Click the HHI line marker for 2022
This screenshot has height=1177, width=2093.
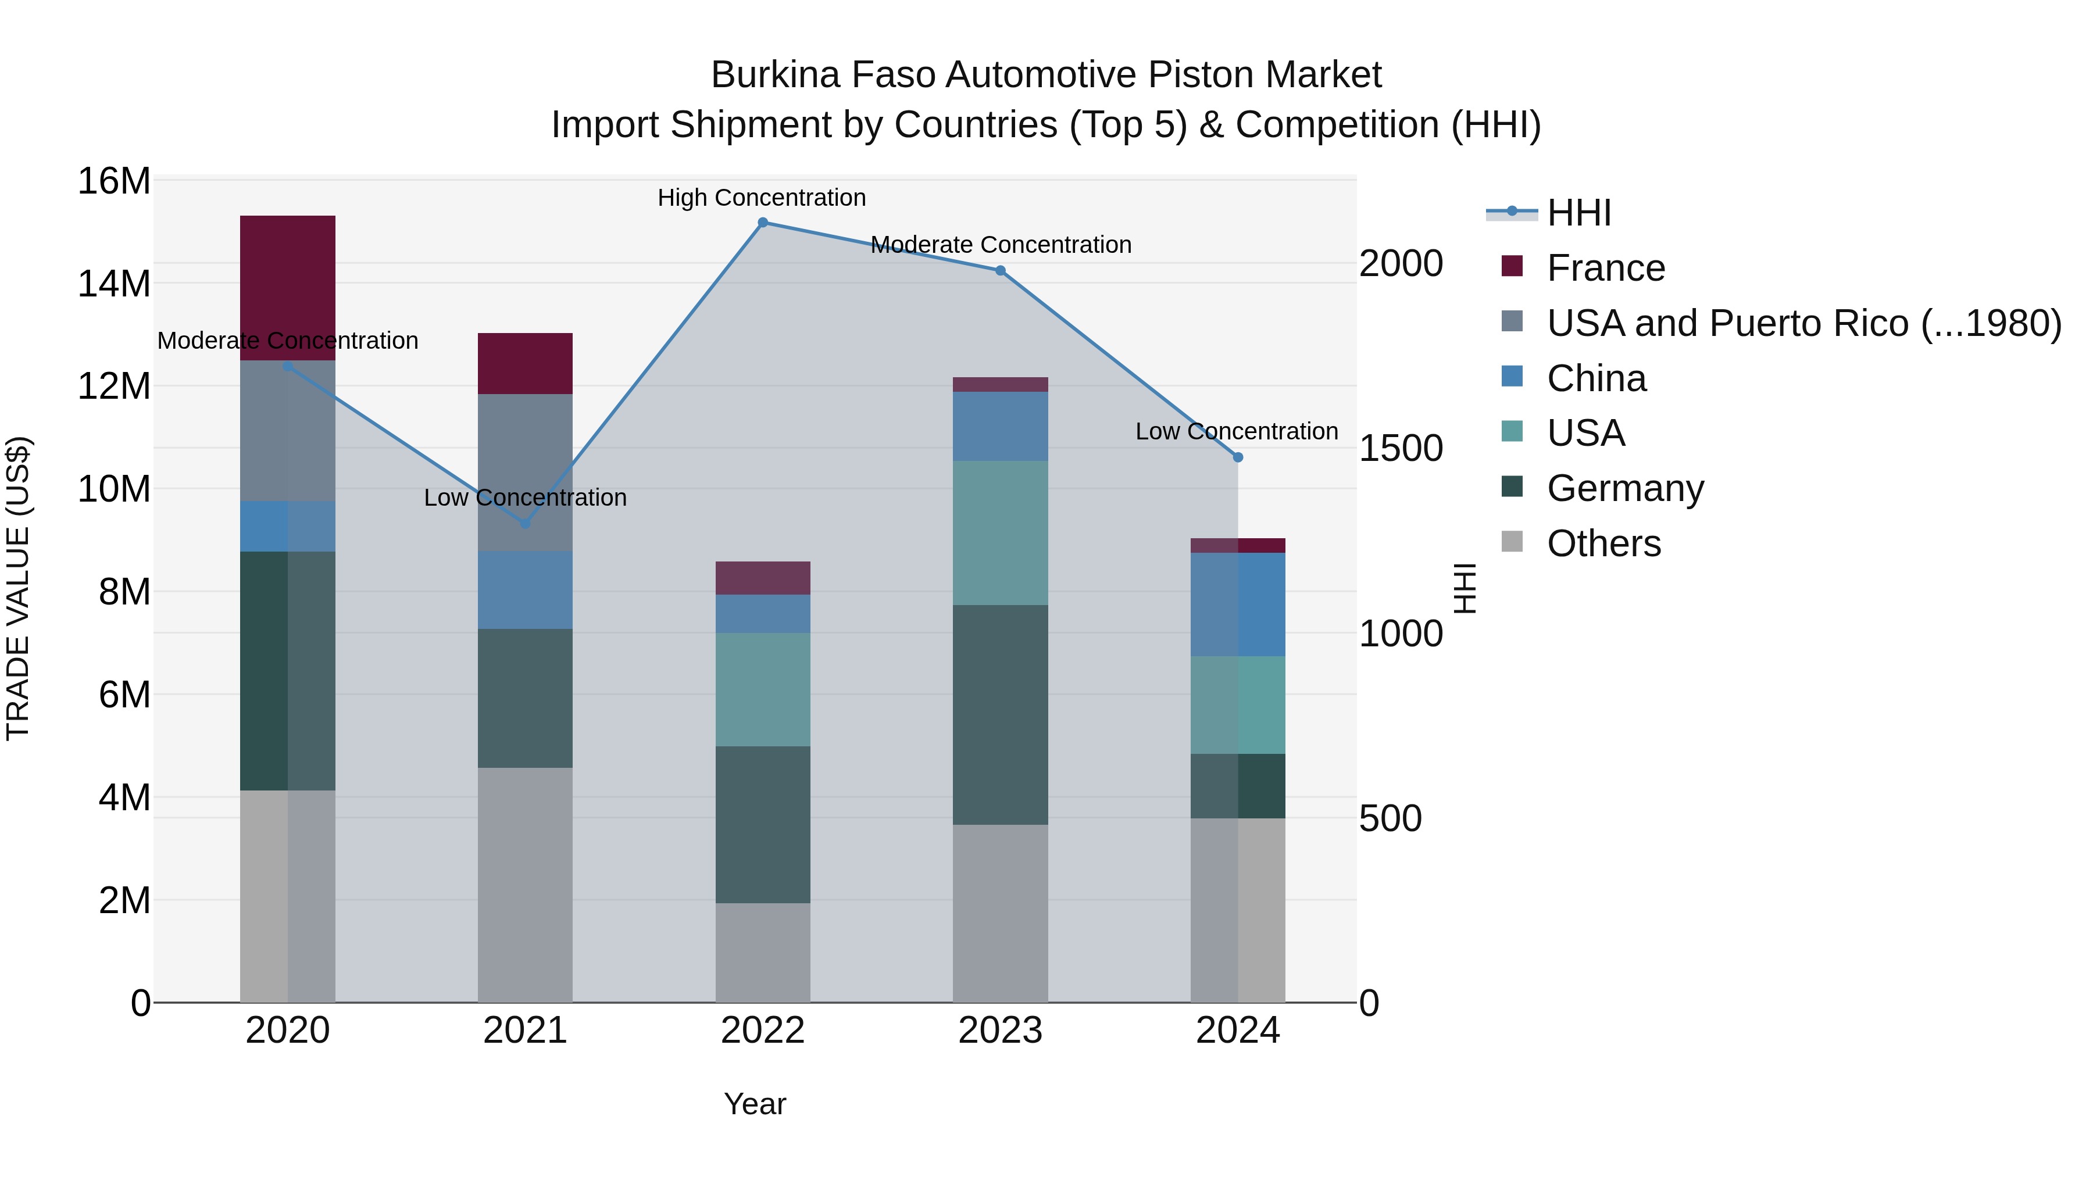(x=762, y=223)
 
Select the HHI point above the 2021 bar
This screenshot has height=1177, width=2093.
(x=525, y=524)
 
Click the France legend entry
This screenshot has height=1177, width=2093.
(x=1605, y=268)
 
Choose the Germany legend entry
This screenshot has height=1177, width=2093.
(x=1624, y=488)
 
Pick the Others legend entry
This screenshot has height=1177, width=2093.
(x=1603, y=543)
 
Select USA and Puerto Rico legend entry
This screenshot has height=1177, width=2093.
(x=1803, y=323)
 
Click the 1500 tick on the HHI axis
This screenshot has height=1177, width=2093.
(x=1401, y=448)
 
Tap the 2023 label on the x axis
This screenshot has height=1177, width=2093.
(x=999, y=1031)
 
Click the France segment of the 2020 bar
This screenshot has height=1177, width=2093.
(x=288, y=288)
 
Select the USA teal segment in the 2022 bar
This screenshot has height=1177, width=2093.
(x=762, y=689)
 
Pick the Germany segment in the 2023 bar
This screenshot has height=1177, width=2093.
(x=999, y=715)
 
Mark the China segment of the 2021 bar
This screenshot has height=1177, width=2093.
(x=525, y=590)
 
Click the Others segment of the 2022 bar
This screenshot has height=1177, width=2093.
(x=762, y=952)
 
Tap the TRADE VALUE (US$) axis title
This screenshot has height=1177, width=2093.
(x=19, y=588)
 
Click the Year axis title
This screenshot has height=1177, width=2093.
(x=755, y=1104)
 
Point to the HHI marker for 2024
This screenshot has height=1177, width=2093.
(x=1237, y=457)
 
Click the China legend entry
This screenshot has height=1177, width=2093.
(x=1596, y=378)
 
